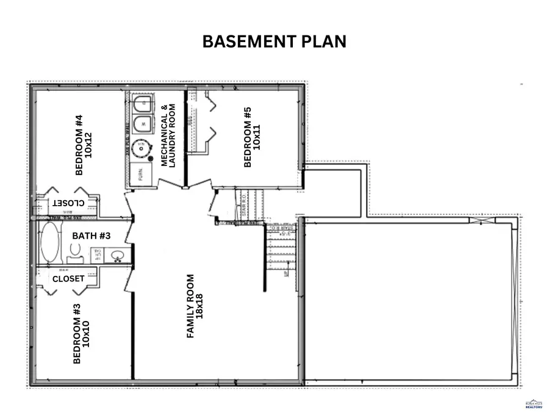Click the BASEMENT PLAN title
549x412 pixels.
pyautogui.click(x=274, y=42)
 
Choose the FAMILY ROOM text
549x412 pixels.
pyautogui.click(x=190, y=306)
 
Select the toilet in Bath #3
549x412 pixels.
pyautogui.click(x=75, y=251)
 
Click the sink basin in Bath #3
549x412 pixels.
pyautogui.click(x=117, y=256)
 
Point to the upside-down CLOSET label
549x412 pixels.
pyautogui.click(x=68, y=203)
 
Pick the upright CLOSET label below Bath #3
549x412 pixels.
pyautogui.click(x=68, y=278)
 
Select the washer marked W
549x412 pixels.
pyautogui.click(x=143, y=123)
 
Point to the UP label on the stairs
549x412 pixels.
pyautogui.click(x=285, y=273)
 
